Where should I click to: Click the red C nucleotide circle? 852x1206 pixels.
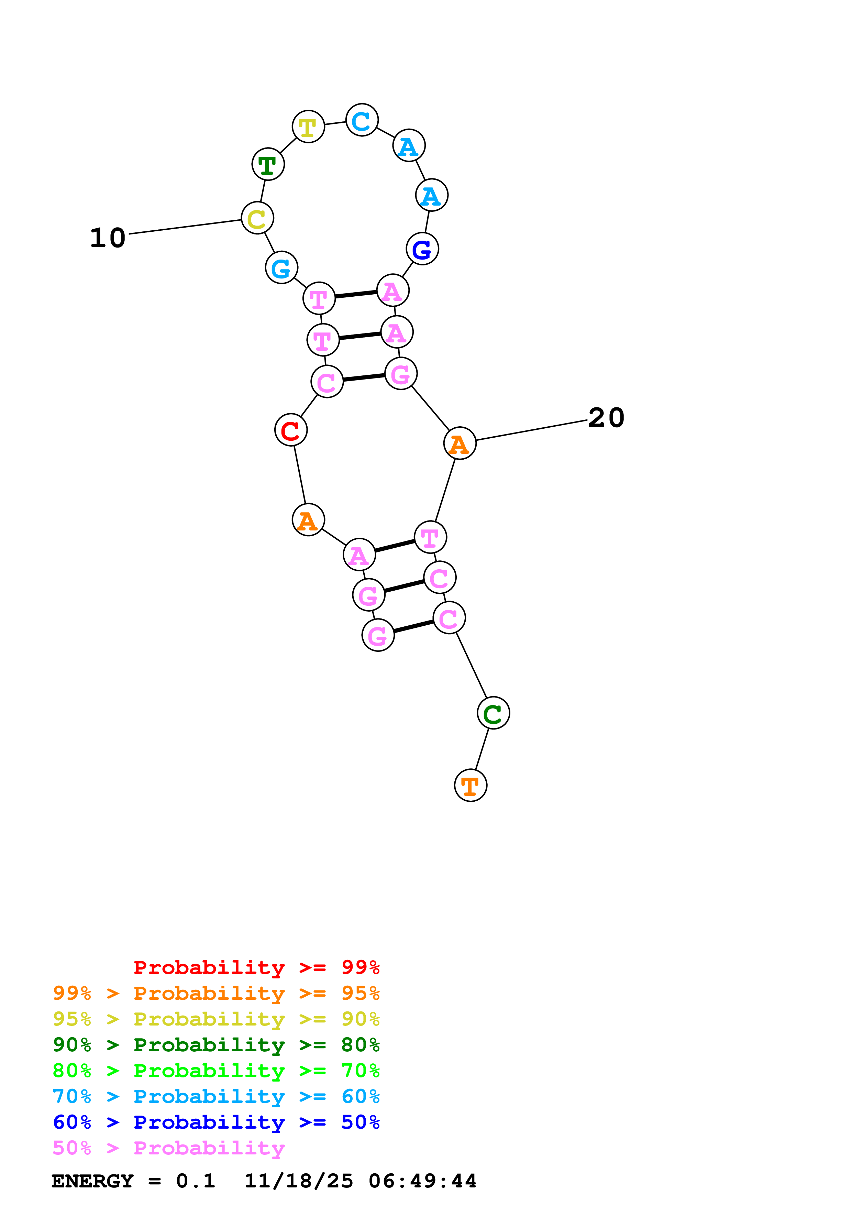click(x=291, y=430)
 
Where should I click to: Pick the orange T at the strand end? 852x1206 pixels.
click(x=471, y=786)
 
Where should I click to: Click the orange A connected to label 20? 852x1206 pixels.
click(x=460, y=444)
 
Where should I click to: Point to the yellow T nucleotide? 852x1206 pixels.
click(x=309, y=127)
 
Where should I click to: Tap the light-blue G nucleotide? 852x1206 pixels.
click(x=282, y=268)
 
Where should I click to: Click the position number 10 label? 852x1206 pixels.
click(x=108, y=238)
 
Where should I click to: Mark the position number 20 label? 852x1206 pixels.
click(x=606, y=418)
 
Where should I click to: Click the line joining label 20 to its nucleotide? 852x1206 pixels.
click(x=531, y=430)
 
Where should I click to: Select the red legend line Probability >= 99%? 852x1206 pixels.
click(x=256, y=967)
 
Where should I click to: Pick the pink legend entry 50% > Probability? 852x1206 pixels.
click(x=168, y=1148)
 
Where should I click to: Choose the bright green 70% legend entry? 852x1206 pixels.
click(x=216, y=1071)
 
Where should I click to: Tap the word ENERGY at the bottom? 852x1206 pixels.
click(x=92, y=1181)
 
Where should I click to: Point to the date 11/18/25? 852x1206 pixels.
click(x=299, y=1181)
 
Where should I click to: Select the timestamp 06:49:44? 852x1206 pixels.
click(x=423, y=1181)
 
